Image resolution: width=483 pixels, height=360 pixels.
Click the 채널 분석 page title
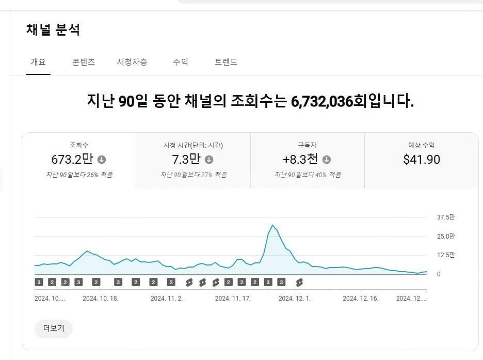(x=53, y=30)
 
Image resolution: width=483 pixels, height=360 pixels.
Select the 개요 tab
(x=38, y=62)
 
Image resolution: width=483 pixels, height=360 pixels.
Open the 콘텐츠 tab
(x=84, y=62)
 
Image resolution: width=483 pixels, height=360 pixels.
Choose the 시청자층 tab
(x=132, y=62)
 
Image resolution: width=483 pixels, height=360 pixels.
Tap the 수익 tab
(x=181, y=62)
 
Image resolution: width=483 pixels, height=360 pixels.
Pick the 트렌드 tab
(x=226, y=62)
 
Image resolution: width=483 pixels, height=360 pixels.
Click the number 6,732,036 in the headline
(x=322, y=101)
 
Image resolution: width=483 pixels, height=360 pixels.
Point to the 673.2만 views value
(x=72, y=159)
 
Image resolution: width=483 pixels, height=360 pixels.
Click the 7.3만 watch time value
(x=186, y=159)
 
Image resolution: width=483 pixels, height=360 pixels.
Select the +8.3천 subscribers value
(x=300, y=159)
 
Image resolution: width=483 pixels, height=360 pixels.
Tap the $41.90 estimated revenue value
(x=422, y=159)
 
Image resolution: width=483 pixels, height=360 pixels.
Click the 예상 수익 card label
(x=422, y=145)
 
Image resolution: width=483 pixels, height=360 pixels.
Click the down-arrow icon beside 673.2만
(x=102, y=160)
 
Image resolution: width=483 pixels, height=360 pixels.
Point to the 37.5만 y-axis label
(x=446, y=217)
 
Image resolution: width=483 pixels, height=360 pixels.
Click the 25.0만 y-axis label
(x=446, y=237)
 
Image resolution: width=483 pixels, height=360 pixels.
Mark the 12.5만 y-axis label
(x=446, y=255)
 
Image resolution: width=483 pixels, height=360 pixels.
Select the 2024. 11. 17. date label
(x=233, y=299)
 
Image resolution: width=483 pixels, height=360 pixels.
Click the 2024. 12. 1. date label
(x=295, y=299)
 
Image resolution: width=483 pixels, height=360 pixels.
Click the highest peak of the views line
(x=272, y=225)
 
